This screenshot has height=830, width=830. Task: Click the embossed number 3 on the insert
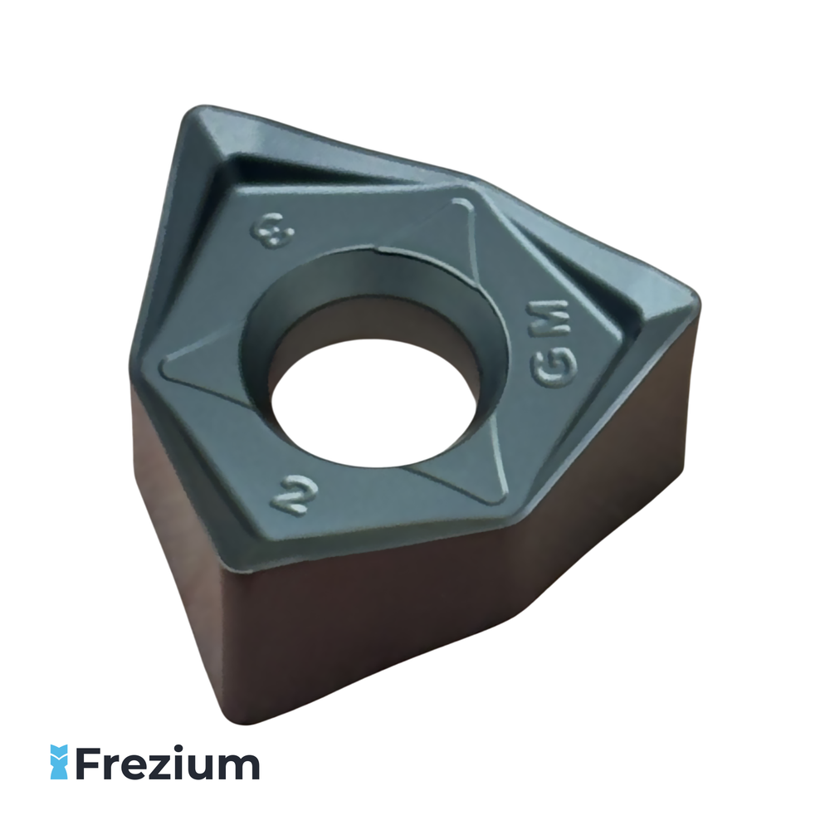tap(272, 230)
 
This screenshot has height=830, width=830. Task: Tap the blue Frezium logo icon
tap(59, 762)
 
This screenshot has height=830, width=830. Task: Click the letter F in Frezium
tap(90, 762)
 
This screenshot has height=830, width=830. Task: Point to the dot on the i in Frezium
tap(180, 749)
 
